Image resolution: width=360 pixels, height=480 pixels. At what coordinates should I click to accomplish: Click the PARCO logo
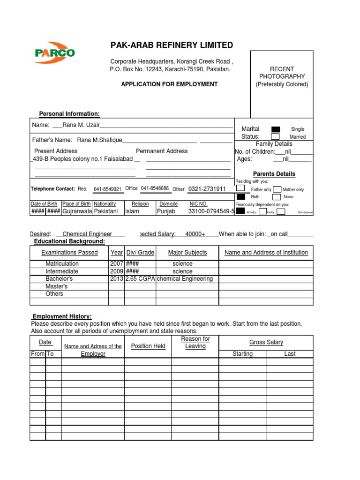(x=54, y=52)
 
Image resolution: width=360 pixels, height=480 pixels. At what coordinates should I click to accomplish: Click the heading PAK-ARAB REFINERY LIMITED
(x=171, y=45)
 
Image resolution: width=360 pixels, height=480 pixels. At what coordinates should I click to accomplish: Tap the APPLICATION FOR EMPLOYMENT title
(x=169, y=84)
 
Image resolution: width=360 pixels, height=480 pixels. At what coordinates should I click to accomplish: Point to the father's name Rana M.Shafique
(x=99, y=140)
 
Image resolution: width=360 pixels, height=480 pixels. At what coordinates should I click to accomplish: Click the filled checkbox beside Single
(x=276, y=129)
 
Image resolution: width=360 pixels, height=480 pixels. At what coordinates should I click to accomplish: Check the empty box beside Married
(x=276, y=137)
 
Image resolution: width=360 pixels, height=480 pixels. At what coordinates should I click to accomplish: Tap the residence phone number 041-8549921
(x=107, y=189)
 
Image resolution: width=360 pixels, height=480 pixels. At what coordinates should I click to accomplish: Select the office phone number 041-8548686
(x=155, y=188)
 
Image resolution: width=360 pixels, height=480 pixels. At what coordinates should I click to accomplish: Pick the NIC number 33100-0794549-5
(x=211, y=211)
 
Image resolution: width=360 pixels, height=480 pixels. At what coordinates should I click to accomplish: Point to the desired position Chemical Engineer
(x=87, y=234)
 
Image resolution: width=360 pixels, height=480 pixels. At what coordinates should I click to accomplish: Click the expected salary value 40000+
(x=195, y=234)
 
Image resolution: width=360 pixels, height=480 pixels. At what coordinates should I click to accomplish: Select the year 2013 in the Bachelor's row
(x=116, y=279)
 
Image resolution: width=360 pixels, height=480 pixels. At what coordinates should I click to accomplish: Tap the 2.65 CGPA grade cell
(x=140, y=279)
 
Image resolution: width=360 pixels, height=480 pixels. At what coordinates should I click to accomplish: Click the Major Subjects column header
(x=187, y=253)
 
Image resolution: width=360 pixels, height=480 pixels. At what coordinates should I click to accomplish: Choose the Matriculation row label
(x=62, y=264)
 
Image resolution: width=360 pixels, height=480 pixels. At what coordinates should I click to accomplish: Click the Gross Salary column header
(x=266, y=343)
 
